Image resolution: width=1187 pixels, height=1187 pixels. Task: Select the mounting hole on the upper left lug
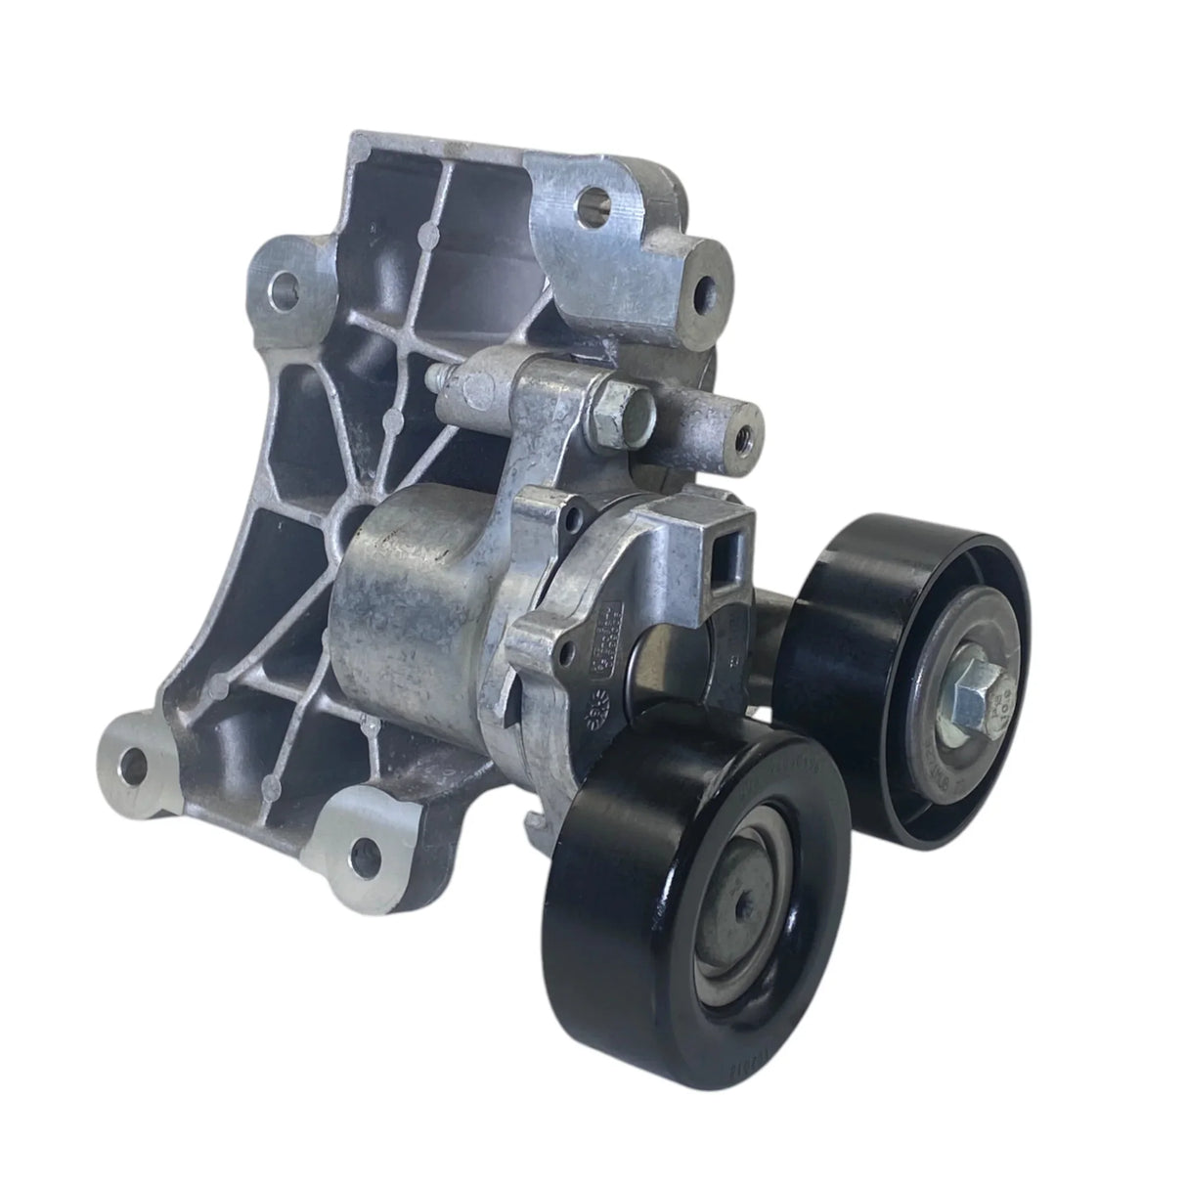[x=285, y=285]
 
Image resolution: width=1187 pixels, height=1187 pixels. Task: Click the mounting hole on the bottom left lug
[x=131, y=762]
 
